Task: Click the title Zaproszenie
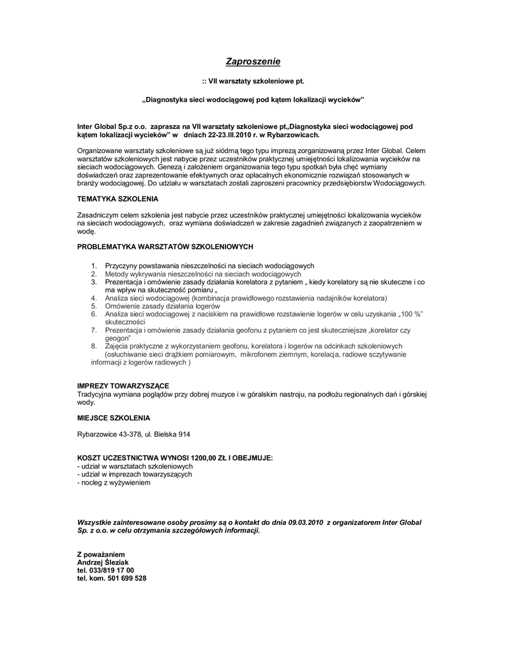click(253, 62)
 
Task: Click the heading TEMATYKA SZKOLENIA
click(117, 200)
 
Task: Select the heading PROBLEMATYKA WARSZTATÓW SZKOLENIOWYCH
click(165, 246)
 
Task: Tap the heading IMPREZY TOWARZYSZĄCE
click(123, 386)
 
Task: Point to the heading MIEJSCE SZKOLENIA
click(114, 418)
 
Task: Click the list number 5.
click(93, 306)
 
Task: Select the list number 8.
click(93, 346)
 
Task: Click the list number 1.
click(93, 266)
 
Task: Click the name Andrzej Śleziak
click(103, 562)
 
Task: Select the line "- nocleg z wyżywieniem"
click(114, 483)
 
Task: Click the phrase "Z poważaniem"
click(101, 554)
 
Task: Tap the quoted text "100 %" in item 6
click(410, 314)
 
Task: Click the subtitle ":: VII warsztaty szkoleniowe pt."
click(253, 82)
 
